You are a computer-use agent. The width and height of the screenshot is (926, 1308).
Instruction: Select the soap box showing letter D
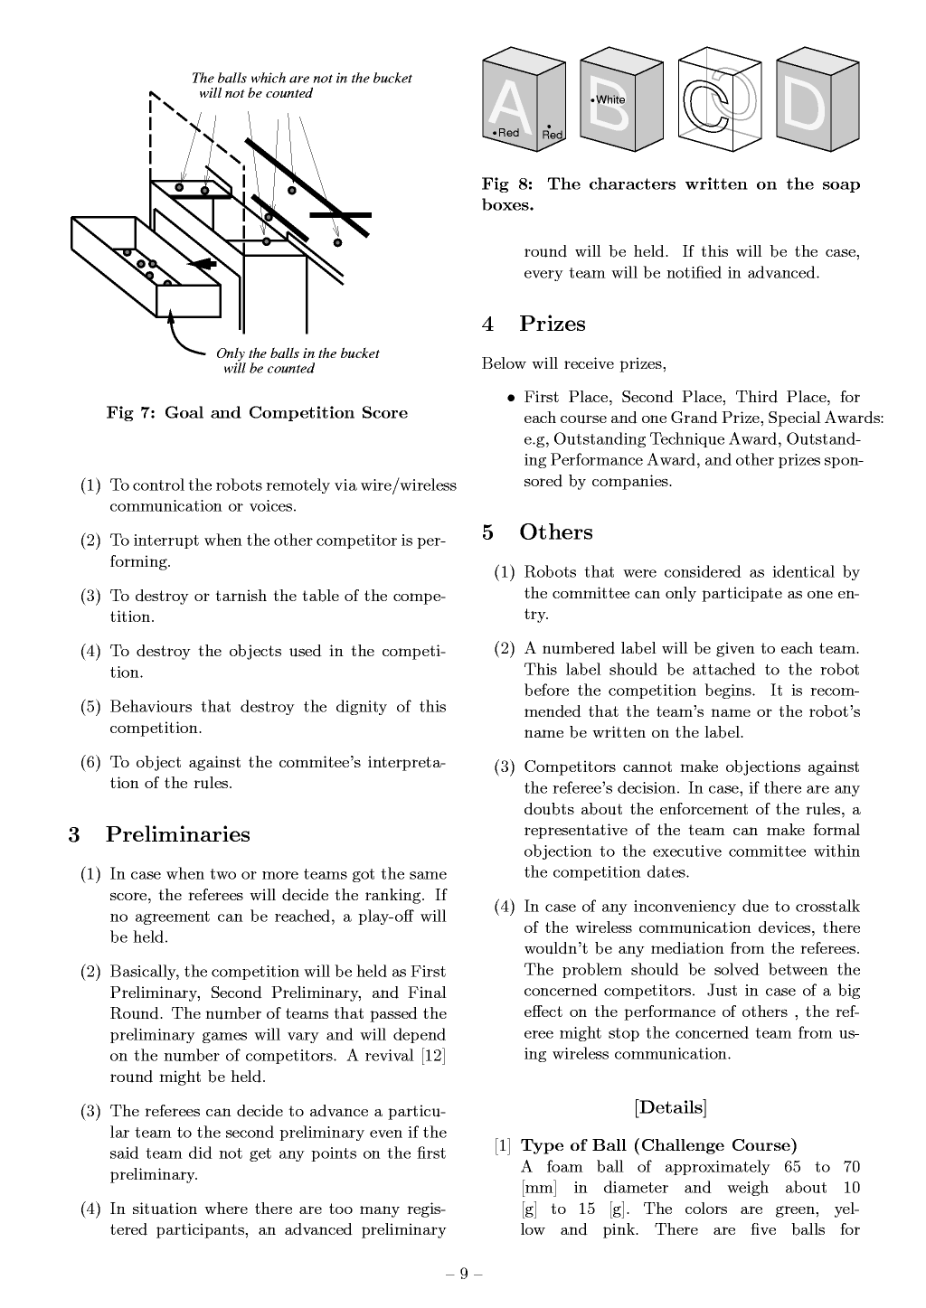817,100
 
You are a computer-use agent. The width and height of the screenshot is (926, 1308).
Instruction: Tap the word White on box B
610,99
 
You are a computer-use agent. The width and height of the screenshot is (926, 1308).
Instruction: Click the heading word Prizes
552,324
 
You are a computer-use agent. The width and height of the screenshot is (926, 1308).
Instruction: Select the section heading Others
555,532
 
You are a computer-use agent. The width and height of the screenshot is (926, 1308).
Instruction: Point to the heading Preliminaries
177,834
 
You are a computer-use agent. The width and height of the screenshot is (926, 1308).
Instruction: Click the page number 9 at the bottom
464,1274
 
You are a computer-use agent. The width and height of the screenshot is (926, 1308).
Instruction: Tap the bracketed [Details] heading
670,1107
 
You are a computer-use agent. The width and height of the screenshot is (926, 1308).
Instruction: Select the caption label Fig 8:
507,184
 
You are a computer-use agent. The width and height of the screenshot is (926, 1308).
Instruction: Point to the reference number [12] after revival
433,1056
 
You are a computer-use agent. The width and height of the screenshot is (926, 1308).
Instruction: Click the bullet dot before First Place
512,398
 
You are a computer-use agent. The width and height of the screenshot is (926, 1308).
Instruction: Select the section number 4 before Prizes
488,324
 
